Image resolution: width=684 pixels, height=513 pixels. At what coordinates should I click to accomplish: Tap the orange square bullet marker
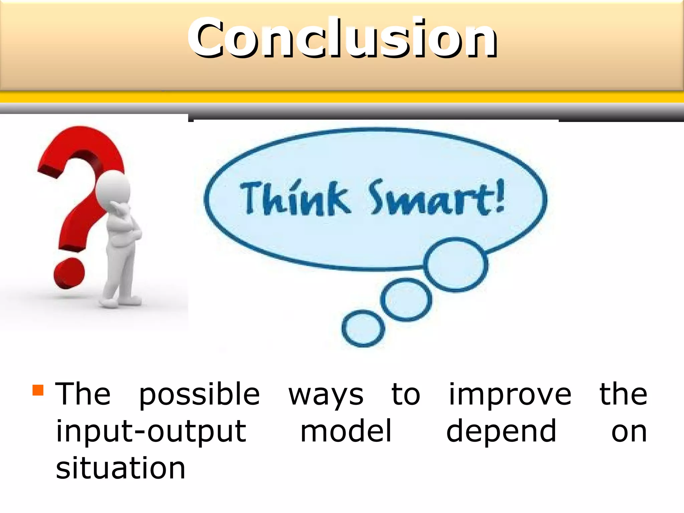point(38,390)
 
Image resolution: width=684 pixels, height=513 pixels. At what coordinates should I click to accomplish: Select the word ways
point(326,395)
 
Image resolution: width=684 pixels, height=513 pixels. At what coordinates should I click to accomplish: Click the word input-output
point(151,432)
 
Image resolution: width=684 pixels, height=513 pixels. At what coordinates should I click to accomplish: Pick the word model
point(346,432)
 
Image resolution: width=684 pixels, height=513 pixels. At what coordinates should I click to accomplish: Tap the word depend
point(501,432)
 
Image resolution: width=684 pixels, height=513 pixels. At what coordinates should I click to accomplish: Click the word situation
point(120,468)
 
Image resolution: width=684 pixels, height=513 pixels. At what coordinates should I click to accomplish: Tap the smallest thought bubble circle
point(363,329)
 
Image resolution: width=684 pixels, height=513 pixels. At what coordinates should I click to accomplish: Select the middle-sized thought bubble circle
point(406,300)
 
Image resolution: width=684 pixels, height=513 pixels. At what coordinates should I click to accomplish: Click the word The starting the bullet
point(83,394)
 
